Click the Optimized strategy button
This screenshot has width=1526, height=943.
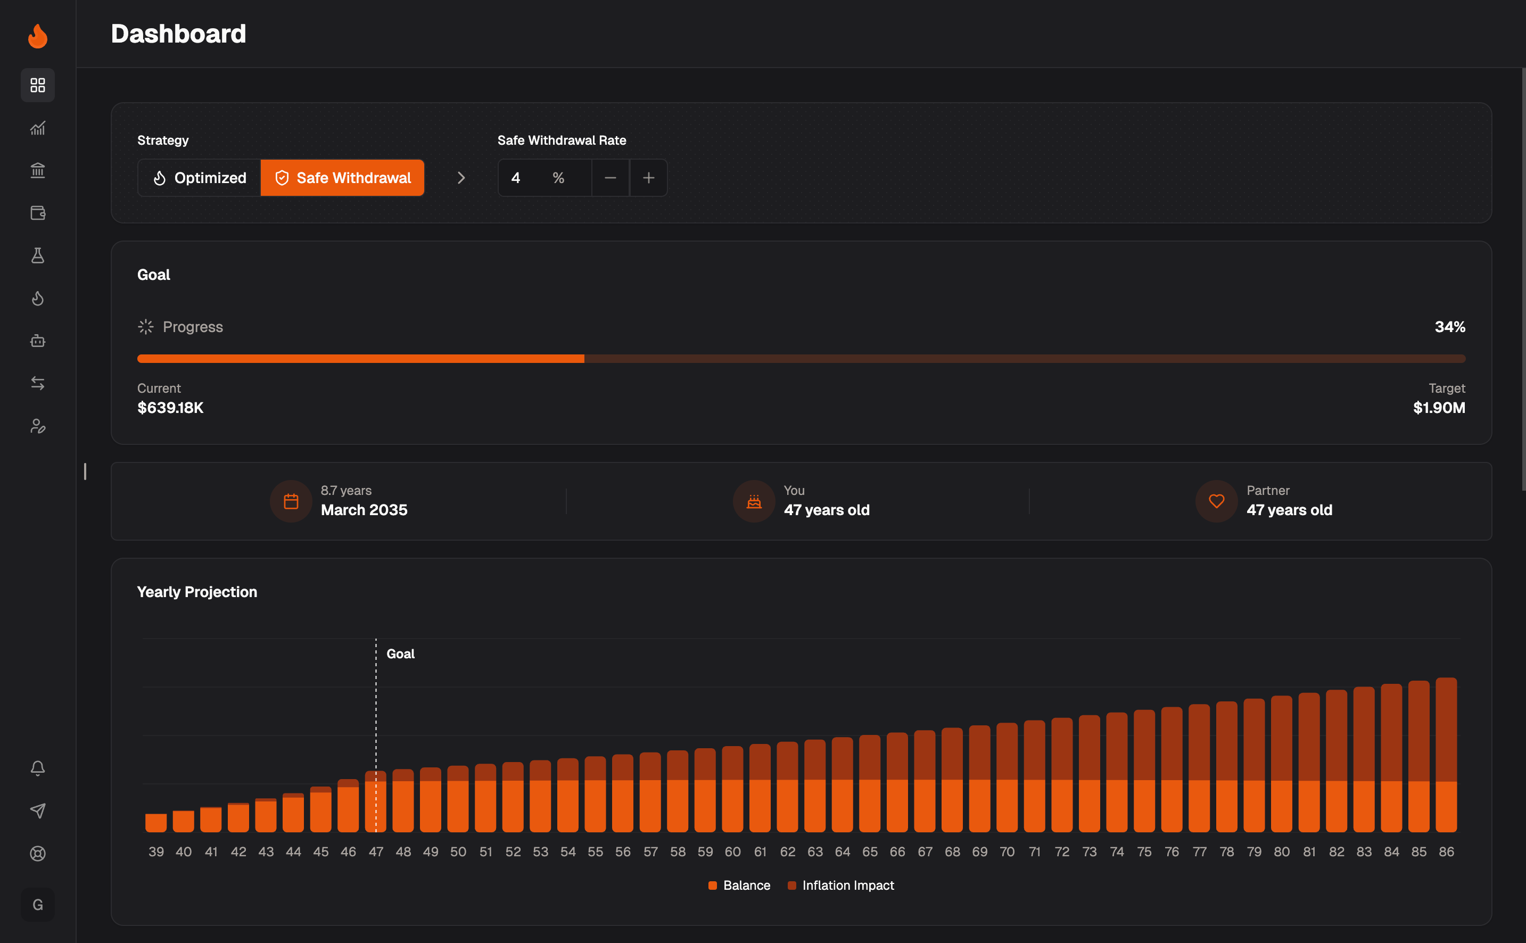point(200,178)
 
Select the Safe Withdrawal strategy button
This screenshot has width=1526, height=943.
point(342,178)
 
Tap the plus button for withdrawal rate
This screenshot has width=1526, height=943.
point(649,178)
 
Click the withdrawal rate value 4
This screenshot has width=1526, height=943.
point(516,178)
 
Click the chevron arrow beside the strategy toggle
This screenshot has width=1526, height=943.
point(461,178)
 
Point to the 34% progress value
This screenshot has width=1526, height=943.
point(1450,327)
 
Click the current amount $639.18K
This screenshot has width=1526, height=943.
point(170,408)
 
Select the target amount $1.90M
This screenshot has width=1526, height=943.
point(1439,408)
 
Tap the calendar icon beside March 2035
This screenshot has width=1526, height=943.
point(291,501)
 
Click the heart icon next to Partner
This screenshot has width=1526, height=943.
point(1216,501)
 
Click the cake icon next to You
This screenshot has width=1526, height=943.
point(754,501)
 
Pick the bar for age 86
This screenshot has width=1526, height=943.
point(1446,755)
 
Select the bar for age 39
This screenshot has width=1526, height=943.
point(156,823)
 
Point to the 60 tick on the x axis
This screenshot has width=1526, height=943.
point(733,852)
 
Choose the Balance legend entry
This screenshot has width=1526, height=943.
point(740,886)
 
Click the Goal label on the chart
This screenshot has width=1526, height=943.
point(400,654)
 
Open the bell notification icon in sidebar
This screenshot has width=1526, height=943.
point(37,768)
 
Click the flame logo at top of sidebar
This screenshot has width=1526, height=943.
point(37,36)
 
